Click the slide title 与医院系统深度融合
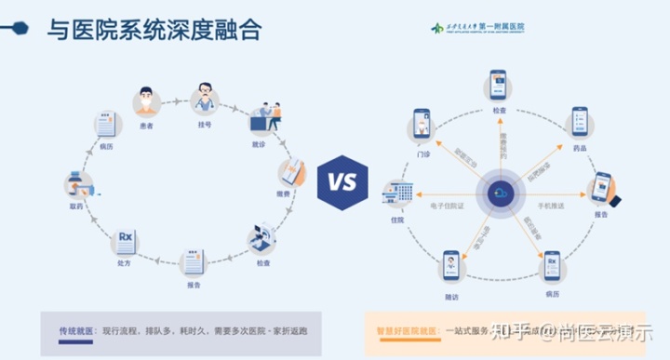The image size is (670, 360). coord(154,31)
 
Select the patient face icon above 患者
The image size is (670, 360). coord(145,100)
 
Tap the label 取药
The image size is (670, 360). coord(76,206)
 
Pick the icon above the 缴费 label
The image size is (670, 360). coord(291,173)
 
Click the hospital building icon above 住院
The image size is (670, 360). coord(401,195)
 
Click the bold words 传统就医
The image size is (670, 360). coord(76,330)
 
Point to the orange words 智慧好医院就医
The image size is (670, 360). coord(406,330)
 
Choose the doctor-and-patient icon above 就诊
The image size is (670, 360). coord(263,121)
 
